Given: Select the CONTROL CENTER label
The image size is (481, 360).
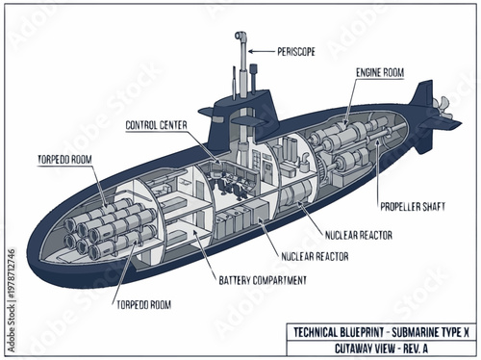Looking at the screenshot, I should tap(162, 127).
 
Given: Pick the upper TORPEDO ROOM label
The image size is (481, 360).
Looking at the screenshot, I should tap(64, 158).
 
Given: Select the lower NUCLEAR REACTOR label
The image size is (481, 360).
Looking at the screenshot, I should tap(315, 257).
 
